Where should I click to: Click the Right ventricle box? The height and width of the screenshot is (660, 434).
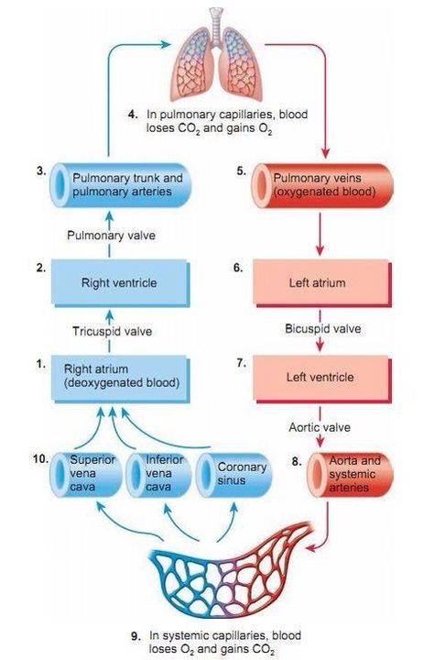point(120,282)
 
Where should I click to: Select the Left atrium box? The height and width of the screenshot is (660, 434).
point(322,282)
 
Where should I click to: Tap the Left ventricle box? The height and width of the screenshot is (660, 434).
point(322,378)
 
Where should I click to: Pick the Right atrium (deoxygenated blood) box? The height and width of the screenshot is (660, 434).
point(120,378)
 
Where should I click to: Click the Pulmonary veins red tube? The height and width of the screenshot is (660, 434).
point(322,185)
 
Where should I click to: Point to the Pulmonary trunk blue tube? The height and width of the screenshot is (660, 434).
point(121,185)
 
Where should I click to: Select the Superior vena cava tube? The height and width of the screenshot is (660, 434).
point(86,475)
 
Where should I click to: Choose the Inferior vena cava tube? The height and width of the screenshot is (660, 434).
point(158,475)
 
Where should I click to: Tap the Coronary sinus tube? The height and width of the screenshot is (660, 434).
point(233,475)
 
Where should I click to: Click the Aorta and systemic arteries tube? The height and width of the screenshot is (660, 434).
point(350,475)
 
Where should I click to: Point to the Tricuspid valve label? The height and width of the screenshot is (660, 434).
point(112,331)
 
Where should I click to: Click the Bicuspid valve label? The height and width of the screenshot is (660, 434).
point(322,329)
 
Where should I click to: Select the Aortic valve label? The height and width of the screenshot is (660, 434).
point(320,427)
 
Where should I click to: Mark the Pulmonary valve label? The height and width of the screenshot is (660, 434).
point(111,236)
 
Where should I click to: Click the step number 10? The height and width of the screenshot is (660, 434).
point(40,459)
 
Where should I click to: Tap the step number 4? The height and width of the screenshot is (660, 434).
point(133,115)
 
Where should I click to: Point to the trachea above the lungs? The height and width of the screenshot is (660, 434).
point(217,26)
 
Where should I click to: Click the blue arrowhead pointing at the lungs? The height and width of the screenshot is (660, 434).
point(167,44)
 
